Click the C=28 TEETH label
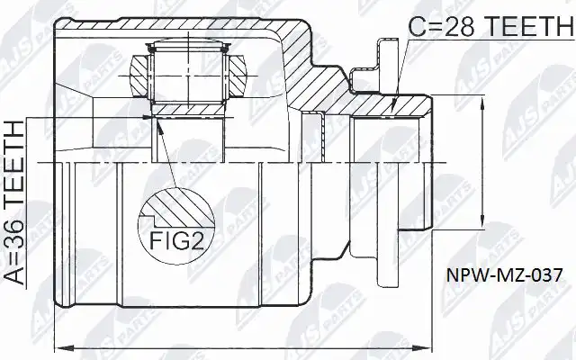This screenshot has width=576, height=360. (x=491, y=26)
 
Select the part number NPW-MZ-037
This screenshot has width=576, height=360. (x=504, y=274)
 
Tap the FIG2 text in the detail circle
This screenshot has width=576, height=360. (x=176, y=240)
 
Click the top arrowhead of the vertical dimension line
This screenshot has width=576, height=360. (x=482, y=101)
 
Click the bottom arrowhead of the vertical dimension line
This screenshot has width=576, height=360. (x=482, y=223)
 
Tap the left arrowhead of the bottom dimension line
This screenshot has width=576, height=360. (x=61, y=347)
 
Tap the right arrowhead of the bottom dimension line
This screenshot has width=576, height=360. (x=425, y=347)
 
